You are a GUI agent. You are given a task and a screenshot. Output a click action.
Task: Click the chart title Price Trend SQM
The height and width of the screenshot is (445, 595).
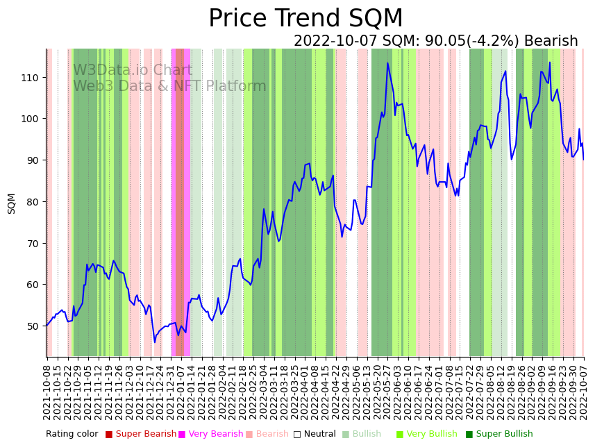click(305, 19)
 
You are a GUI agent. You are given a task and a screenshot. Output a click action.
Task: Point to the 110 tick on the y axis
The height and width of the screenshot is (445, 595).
click(31, 77)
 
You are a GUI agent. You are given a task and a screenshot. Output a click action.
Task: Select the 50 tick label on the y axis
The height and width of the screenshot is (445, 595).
click(33, 326)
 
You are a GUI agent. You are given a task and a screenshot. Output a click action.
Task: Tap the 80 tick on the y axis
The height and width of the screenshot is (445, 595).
click(33, 202)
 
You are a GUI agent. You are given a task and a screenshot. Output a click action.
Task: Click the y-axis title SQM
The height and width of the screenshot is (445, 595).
click(12, 203)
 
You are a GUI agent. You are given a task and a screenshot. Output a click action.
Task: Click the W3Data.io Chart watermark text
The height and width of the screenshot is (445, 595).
click(133, 71)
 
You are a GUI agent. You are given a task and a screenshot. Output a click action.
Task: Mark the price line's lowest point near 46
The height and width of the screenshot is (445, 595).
click(155, 342)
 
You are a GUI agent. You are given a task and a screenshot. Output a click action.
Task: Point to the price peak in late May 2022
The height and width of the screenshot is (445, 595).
click(388, 63)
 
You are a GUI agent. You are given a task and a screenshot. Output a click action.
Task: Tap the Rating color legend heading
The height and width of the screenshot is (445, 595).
click(72, 435)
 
